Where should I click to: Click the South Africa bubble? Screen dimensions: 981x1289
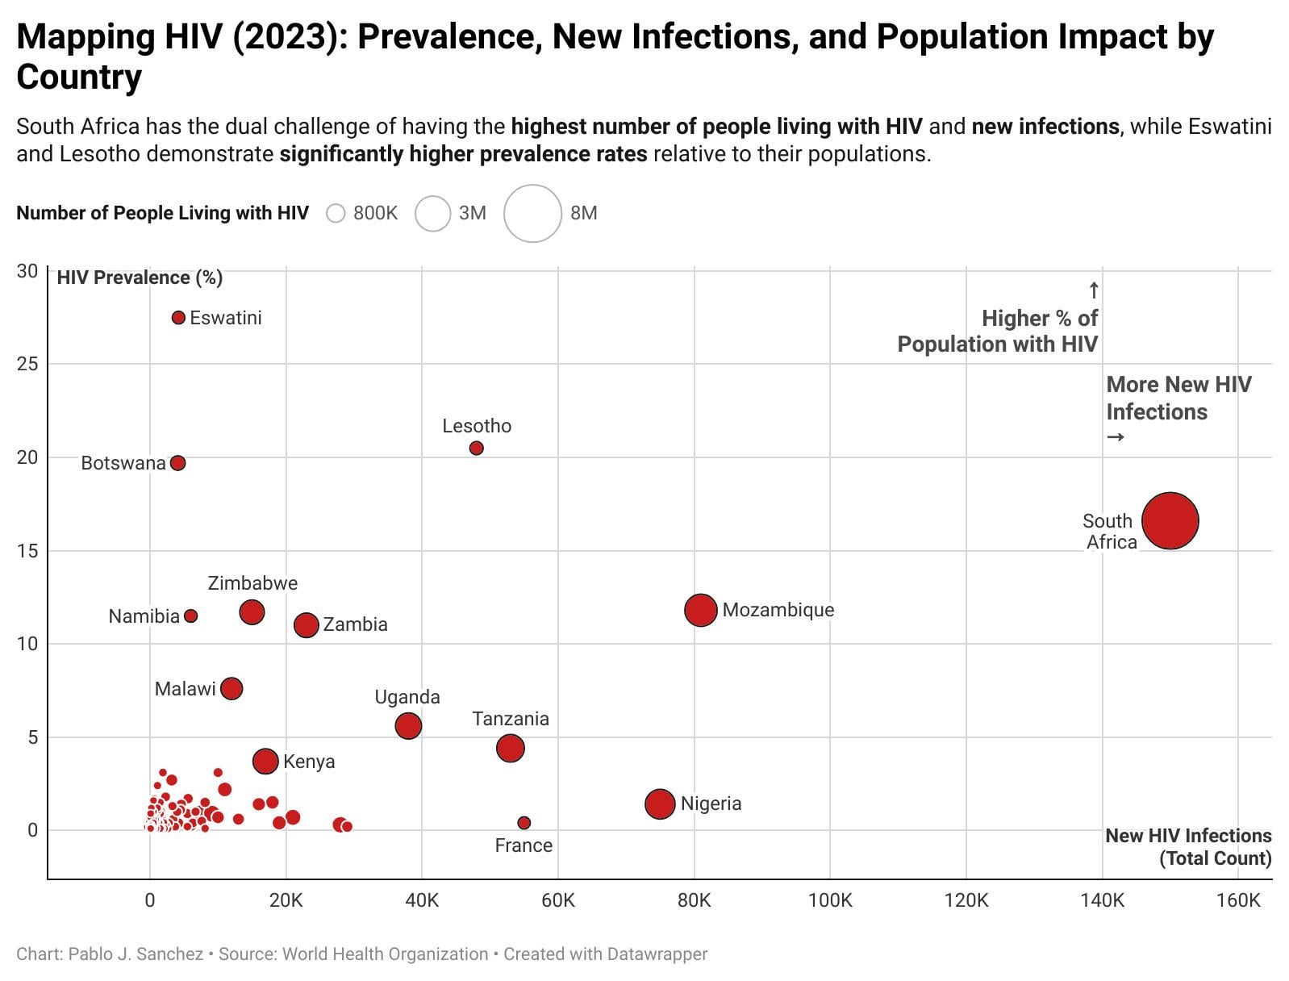(1170, 521)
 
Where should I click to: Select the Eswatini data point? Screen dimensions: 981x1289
(179, 318)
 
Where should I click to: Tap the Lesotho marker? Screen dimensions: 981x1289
(477, 449)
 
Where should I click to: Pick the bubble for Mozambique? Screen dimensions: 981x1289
(701, 610)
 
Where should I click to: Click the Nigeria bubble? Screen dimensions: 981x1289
(660, 804)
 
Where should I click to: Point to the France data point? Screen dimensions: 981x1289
(524, 823)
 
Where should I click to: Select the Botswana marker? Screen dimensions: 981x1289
(178, 463)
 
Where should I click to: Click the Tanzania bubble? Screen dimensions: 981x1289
(511, 748)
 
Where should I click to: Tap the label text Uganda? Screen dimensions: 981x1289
(407, 697)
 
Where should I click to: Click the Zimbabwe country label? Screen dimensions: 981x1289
(252, 583)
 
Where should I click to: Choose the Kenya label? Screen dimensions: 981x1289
(309, 762)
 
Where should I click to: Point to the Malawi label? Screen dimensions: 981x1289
(186, 689)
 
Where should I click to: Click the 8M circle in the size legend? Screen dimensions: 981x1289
(532, 214)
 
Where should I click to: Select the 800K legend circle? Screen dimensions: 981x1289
(336, 214)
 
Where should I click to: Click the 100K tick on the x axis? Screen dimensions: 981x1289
(830, 900)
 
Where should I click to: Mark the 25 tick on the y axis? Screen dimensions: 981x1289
(27, 364)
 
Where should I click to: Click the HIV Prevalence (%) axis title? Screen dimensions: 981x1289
(140, 278)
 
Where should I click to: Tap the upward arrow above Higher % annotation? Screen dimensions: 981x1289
(1094, 290)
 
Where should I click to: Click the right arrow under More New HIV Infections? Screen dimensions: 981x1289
(1116, 437)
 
